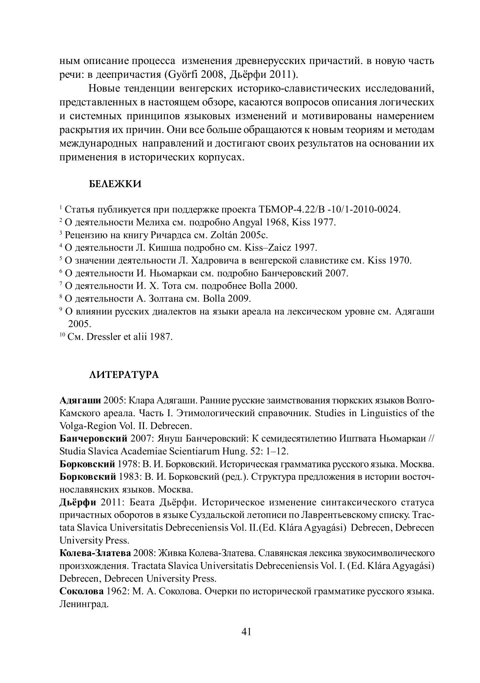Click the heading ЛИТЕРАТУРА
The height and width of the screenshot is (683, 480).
(x=124, y=375)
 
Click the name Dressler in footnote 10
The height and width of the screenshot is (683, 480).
(x=107, y=337)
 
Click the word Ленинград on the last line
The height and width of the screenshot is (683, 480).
(x=84, y=605)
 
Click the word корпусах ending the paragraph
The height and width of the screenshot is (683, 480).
(x=220, y=157)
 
